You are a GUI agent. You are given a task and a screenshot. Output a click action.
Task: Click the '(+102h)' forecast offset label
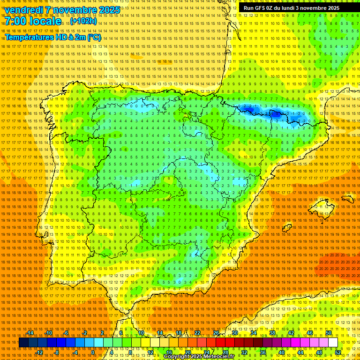point(84,21)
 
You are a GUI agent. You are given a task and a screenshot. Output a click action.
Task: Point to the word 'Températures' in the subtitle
point(28,37)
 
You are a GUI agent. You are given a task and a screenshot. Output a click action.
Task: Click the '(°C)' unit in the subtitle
point(94,37)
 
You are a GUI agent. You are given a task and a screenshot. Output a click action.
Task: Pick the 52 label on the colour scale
point(338,352)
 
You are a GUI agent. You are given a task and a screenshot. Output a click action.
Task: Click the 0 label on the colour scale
point(93,352)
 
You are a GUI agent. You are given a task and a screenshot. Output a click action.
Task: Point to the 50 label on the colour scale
point(329,333)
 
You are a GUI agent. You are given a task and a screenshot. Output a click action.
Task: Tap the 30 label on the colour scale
point(234,333)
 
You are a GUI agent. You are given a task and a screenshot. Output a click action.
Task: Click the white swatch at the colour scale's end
point(333,343)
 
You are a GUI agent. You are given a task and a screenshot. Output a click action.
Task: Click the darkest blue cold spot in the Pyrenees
point(275,113)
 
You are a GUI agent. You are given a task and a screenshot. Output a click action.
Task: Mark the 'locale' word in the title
point(44,22)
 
